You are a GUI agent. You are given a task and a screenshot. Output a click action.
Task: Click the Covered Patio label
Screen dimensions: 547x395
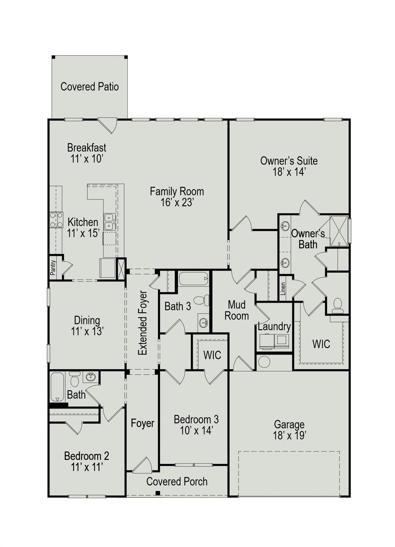(x=89, y=87)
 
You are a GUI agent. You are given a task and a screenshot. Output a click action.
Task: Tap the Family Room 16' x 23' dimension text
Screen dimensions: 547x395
(x=177, y=203)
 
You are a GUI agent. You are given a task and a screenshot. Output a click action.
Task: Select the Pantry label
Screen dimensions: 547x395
(x=53, y=267)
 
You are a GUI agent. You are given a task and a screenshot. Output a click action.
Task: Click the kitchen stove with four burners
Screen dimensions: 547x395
(x=56, y=219)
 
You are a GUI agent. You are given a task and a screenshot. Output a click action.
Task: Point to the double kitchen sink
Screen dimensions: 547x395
(x=109, y=222)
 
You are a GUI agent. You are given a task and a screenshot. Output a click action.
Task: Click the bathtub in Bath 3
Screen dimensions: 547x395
(x=193, y=278)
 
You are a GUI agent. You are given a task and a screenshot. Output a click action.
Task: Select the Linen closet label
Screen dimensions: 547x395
(x=283, y=289)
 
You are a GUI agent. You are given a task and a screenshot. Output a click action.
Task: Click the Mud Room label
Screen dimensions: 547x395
(x=237, y=310)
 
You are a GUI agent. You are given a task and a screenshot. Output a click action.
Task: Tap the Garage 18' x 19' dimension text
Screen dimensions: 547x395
(x=289, y=435)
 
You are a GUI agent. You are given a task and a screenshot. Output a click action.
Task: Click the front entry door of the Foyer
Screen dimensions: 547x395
(x=142, y=465)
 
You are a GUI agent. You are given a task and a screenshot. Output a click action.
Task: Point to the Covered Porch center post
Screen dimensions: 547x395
(x=157, y=493)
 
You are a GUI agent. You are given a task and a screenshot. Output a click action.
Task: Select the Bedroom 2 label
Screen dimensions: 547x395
(x=87, y=456)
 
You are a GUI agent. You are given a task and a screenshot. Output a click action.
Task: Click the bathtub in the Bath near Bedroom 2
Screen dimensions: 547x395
(x=57, y=386)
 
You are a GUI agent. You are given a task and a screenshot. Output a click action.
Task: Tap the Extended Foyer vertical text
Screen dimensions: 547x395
(x=143, y=323)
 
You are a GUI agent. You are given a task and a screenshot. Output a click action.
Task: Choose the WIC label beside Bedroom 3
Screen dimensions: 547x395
(x=212, y=355)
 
